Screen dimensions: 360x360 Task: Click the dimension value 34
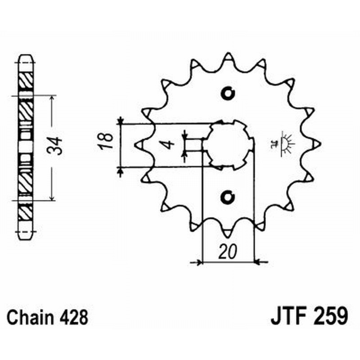pyautogui.click(x=58, y=147)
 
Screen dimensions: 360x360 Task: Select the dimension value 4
pyautogui.click(x=167, y=145)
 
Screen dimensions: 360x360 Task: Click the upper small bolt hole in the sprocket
pyautogui.click(x=229, y=94)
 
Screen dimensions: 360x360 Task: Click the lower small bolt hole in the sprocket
pyautogui.click(x=229, y=197)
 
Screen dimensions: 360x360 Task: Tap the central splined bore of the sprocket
pyautogui.click(x=229, y=145)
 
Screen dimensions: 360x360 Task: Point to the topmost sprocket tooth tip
pyautogui.click(x=228, y=56)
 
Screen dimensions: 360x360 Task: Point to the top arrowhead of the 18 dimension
pyautogui.click(x=120, y=120)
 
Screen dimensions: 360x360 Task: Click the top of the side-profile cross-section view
pyautogui.click(x=25, y=58)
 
